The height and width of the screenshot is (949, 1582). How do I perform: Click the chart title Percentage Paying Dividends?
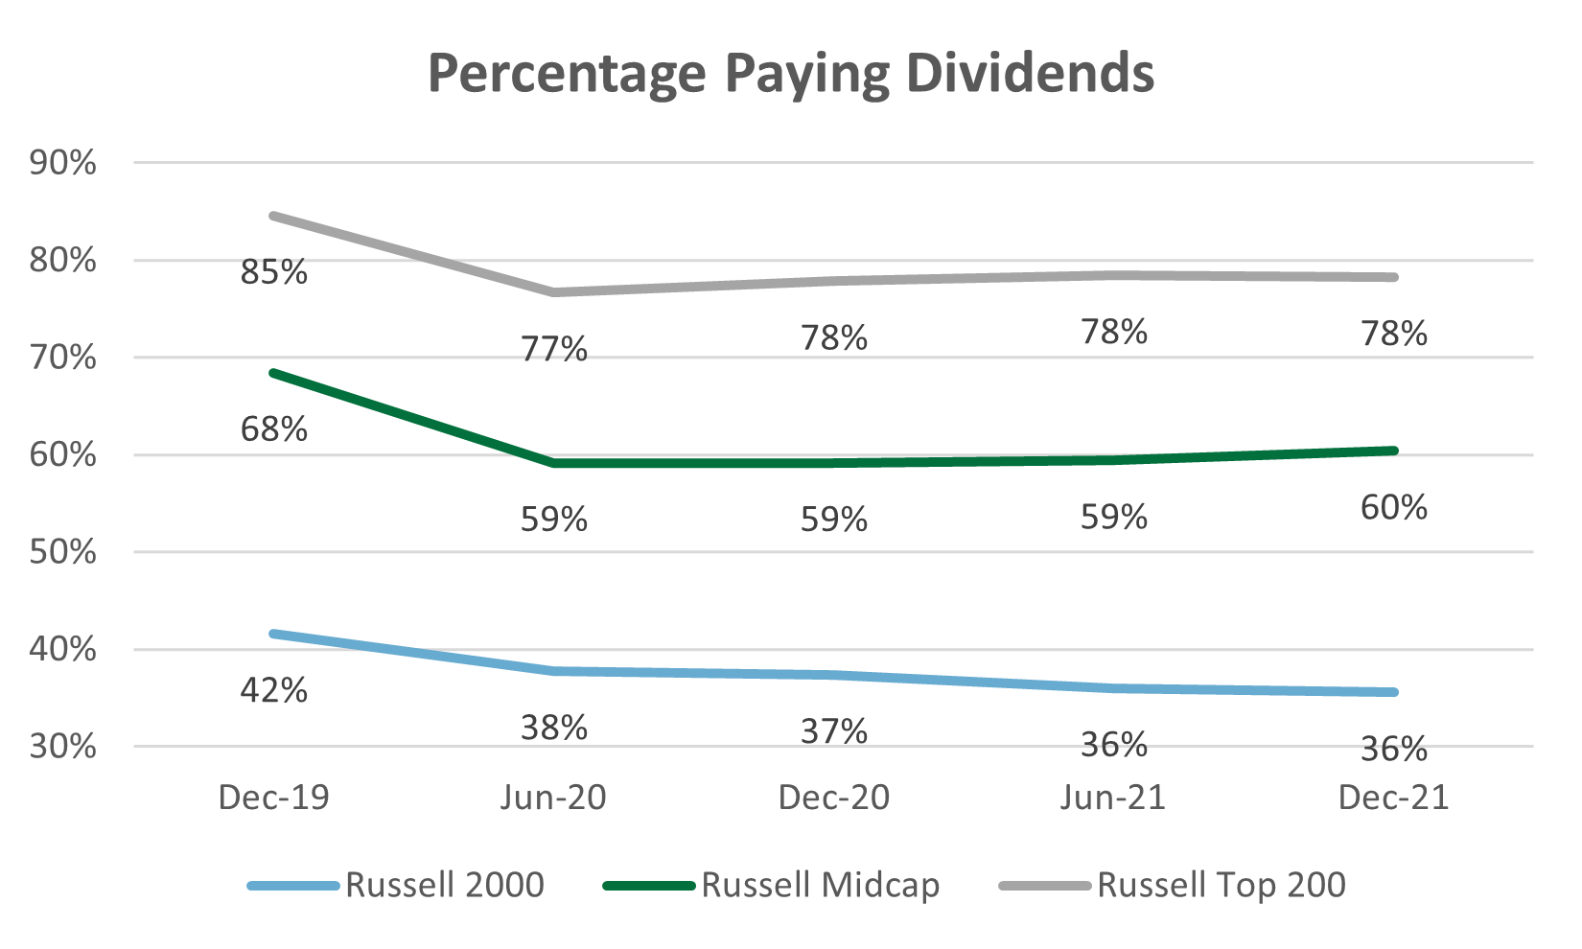coord(791,75)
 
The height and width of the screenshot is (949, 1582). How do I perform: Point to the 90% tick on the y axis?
coord(63,163)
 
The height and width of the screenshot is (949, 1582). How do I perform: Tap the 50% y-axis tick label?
coord(63,552)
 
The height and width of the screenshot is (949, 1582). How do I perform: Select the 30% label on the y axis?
coord(63,747)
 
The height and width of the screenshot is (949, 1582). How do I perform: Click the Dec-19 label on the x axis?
coord(274,798)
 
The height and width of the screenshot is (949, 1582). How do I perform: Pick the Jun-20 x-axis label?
coord(553,798)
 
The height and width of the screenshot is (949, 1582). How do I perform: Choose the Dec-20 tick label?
coord(834,798)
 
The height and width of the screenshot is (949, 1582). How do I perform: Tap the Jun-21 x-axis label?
coord(1113,798)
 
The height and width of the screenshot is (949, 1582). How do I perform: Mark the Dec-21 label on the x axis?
coord(1394,798)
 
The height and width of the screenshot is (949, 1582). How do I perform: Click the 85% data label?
coord(274,272)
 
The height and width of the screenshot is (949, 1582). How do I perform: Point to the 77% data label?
coord(554,348)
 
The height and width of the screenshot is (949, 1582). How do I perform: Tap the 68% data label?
coord(274,429)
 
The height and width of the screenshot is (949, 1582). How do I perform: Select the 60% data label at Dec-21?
coord(1394,507)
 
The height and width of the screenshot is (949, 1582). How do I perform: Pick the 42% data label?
coord(274,690)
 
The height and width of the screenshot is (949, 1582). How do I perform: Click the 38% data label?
coord(554,729)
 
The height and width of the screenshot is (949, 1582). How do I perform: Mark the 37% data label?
coord(834,732)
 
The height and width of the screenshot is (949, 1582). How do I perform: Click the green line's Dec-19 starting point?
coord(274,372)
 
